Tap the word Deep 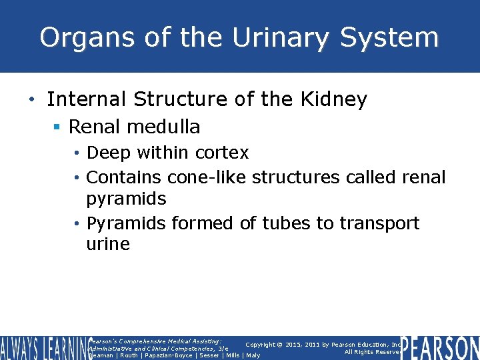click(109, 153)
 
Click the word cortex click(222, 153)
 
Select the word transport click(379, 223)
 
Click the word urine click(108, 244)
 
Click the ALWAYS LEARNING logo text click(43, 348)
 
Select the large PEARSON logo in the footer click(440, 348)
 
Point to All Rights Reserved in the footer click(372, 352)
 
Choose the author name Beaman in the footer click(101, 355)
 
